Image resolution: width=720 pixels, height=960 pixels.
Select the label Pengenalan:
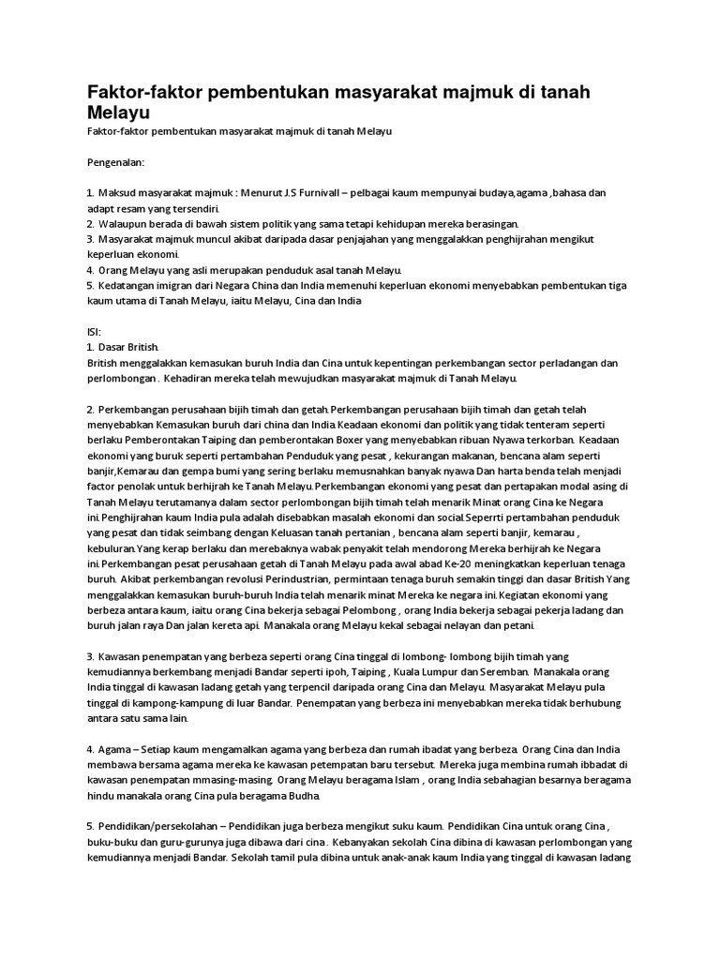pyautogui.click(x=115, y=162)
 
